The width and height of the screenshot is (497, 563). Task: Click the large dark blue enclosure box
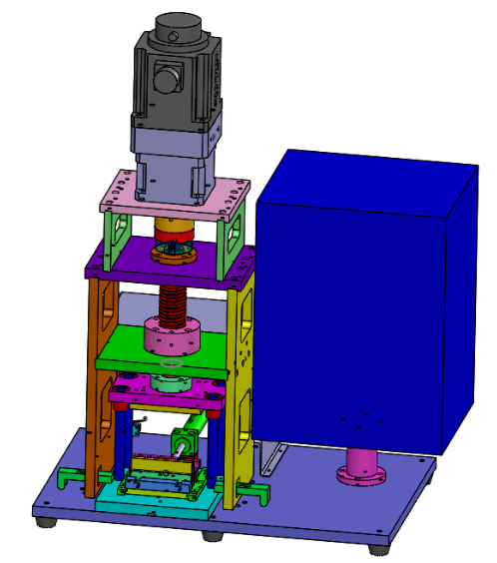[x=359, y=299]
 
